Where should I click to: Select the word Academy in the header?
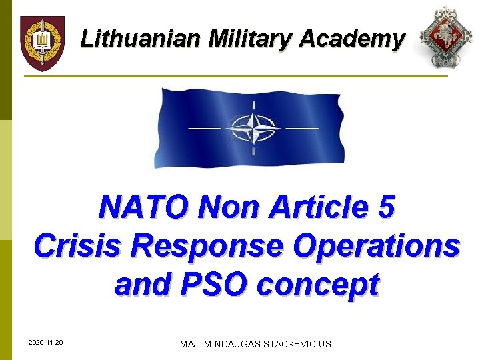tap(351, 39)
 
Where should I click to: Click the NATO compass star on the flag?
tap(252, 127)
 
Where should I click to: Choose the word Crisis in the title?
tap(78, 246)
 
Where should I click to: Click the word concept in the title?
tap(318, 285)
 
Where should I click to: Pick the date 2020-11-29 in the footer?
tap(46, 343)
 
